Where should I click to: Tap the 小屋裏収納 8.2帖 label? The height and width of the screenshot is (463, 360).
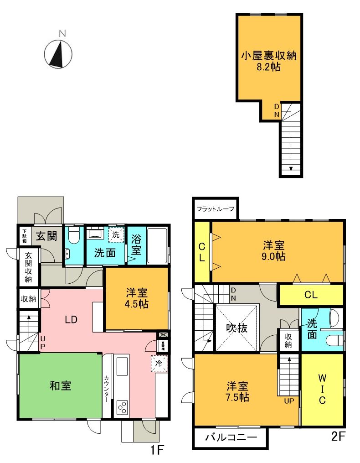point(268,61)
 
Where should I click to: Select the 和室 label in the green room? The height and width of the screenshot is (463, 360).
point(60,386)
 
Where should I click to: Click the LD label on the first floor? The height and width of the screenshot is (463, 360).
point(71,319)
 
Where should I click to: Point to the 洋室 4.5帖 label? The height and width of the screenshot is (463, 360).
point(137,298)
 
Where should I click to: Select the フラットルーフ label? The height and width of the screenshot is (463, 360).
point(215,209)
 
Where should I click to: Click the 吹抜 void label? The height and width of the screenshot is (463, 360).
point(237,328)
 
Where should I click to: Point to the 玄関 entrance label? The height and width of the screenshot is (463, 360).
point(46,236)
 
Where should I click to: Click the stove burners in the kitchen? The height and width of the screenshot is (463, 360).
point(122,406)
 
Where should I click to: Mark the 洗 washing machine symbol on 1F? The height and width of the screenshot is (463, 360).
point(116,234)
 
